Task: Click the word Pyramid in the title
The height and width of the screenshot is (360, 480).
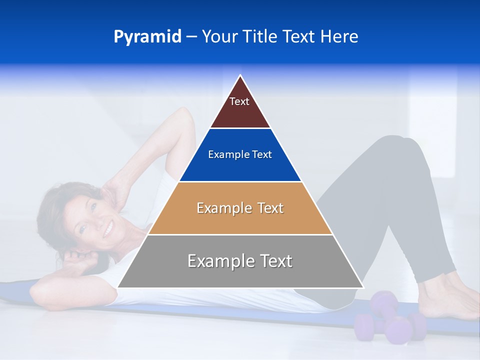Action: pyautogui.click(x=147, y=37)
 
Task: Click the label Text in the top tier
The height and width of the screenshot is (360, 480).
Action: pyautogui.click(x=239, y=101)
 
